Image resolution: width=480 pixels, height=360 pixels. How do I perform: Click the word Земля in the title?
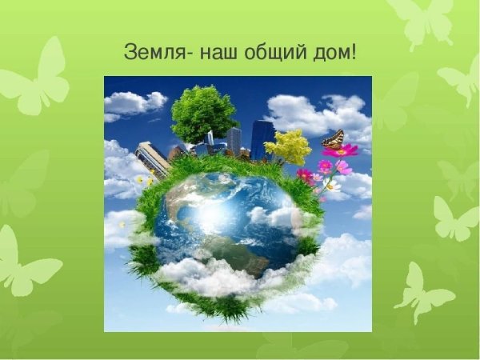(152, 54)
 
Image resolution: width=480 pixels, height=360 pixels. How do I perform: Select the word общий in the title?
(270, 54)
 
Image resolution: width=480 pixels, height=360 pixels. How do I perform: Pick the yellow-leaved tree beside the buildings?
(288, 146)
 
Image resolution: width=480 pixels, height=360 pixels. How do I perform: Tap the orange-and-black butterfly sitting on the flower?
(333, 140)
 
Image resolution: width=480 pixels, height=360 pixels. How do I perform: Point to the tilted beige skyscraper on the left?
(152, 158)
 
